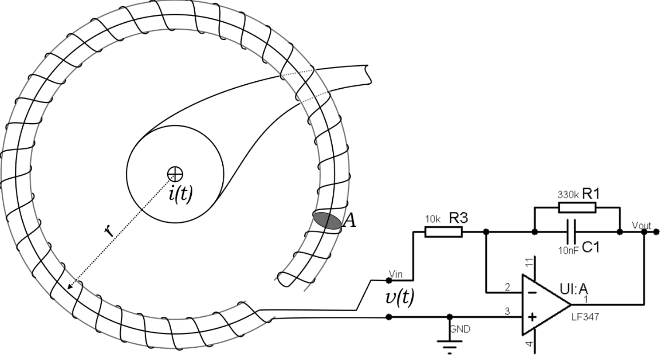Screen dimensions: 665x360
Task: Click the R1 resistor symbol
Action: coord(577,208)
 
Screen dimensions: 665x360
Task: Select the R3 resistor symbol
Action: coord(444,232)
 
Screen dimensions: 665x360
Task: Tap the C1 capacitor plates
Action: coord(571,232)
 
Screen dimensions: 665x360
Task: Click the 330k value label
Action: coord(568,195)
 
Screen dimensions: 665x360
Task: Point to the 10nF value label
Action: coord(569,251)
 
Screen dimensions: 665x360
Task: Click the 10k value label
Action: coord(433,219)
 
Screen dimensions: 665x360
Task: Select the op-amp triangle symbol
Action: coord(547,305)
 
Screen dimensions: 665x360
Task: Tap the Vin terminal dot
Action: coord(389,280)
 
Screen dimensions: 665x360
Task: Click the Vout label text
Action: coord(641,226)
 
